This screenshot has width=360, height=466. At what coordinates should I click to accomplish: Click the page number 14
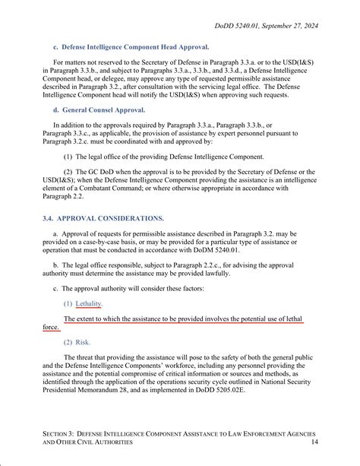coord(314,442)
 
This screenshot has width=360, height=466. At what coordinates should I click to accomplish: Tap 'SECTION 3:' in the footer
coord(62,432)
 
